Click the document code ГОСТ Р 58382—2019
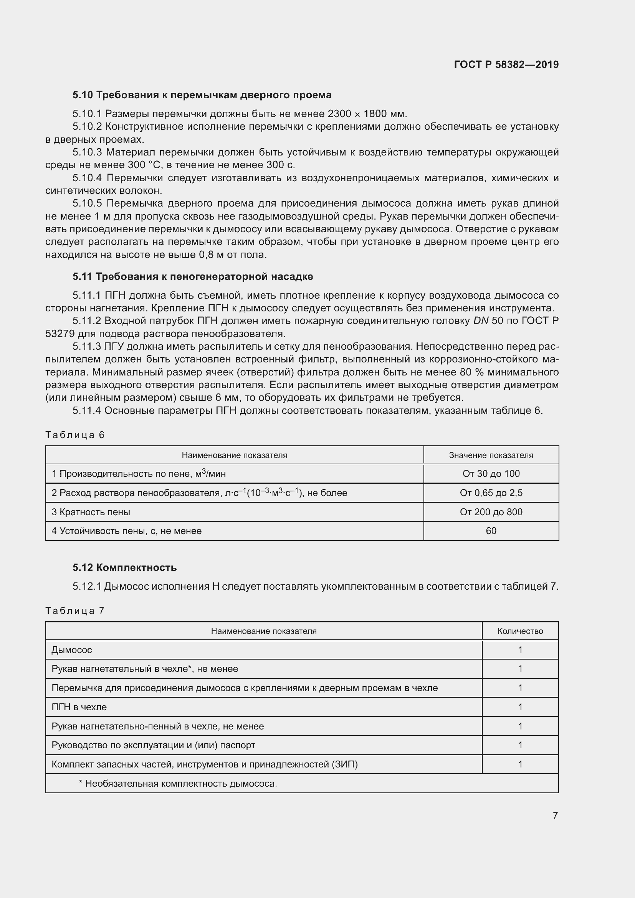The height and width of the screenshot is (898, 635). [x=506, y=64]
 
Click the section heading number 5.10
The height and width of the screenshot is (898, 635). [x=83, y=95]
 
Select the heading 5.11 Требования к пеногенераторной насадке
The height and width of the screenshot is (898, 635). [x=192, y=276]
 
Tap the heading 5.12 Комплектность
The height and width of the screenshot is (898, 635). [x=124, y=567]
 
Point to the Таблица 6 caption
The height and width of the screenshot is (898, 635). [x=75, y=435]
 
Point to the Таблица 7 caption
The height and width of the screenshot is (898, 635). [x=75, y=610]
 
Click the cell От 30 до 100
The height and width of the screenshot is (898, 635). [x=491, y=474]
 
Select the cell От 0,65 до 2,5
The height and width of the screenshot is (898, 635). [x=491, y=493]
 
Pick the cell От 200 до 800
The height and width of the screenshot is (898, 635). [x=491, y=512]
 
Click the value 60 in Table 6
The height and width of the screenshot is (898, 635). [x=491, y=531]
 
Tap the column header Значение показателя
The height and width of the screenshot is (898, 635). [x=491, y=455]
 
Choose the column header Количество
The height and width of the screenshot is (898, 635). [x=520, y=631]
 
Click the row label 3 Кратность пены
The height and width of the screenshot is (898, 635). [x=91, y=512]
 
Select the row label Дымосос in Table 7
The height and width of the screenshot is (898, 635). [x=72, y=650]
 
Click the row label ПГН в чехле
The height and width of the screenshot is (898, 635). [x=79, y=707]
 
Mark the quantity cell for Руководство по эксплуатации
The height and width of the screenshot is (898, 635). [x=520, y=745]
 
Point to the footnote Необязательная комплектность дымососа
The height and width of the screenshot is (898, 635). [x=178, y=784]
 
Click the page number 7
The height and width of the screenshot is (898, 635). [x=555, y=815]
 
